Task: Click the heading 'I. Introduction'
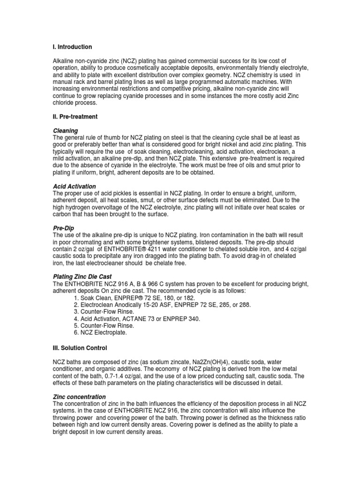click(72, 47)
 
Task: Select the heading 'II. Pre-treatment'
click(75, 116)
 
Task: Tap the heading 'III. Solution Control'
click(80, 348)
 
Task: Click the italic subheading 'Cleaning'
click(65, 130)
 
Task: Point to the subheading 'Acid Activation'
click(75, 186)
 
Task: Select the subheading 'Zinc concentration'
click(79, 397)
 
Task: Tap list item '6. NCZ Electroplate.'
click(100, 333)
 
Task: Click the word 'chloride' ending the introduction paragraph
click(64, 103)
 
